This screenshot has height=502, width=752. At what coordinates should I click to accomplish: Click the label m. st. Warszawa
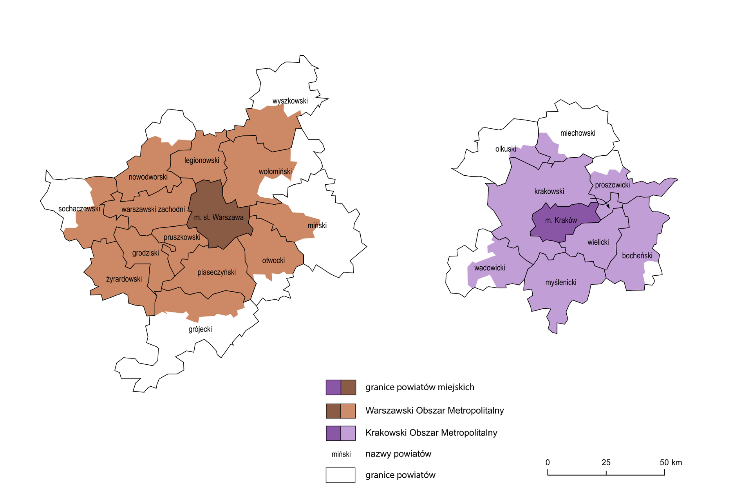point(219,217)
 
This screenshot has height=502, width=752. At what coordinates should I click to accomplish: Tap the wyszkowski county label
point(290,101)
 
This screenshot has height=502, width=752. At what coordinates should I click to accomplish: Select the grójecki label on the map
point(200,329)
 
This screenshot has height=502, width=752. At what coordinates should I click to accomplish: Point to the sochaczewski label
point(79,209)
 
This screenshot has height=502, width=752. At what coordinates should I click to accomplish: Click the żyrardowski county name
point(124,279)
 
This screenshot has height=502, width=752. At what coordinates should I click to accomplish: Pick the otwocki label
point(273,260)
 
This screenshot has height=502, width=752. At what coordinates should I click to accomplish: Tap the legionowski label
point(202,160)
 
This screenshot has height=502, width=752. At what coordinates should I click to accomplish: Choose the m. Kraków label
point(561,220)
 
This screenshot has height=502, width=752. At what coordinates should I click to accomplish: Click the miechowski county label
point(578,133)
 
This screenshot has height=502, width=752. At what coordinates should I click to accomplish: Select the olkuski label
point(506,149)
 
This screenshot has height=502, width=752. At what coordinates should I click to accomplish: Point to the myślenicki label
point(561,282)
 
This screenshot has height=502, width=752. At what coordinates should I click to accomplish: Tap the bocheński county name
point(637,256)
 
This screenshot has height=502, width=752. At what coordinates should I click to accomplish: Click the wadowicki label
point(490,268)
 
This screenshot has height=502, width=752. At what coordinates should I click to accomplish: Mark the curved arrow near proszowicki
point(601,201)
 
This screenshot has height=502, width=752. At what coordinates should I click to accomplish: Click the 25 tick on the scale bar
point(606,473)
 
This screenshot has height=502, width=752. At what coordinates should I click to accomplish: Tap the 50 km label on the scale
point(671,462)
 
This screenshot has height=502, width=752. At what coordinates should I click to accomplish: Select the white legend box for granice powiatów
point(340,475)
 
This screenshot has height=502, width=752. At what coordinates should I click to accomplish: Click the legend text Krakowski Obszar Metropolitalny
point(431,433)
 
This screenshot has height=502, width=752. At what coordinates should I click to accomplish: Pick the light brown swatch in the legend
point(348,411)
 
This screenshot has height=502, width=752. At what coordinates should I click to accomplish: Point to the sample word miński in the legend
point(341,454)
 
